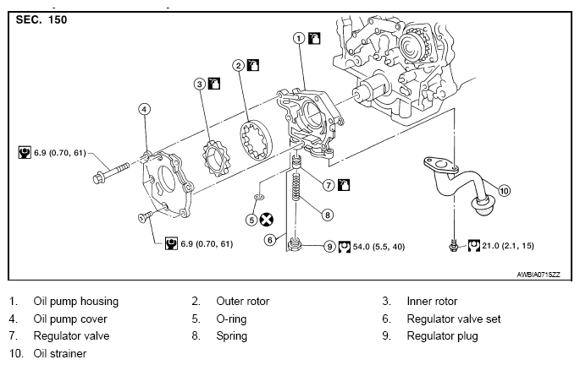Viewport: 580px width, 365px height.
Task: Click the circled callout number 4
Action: [x=144, y=109]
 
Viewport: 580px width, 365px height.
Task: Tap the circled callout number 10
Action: [x=504, y=191]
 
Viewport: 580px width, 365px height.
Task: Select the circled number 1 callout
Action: [x=299, y=38]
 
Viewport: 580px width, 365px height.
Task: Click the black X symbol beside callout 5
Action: [x=267, y=220]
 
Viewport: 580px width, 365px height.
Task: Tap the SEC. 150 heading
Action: [x=41, y=19]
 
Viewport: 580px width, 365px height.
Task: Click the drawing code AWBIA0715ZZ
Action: [x=539, y=275]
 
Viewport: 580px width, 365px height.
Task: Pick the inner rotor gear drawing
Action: [x=215, y=158]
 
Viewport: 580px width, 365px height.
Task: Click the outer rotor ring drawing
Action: [x=256, y=140]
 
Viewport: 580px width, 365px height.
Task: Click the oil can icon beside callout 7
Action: [x=344, y=185]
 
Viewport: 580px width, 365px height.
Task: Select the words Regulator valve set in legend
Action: [x=454, y=319]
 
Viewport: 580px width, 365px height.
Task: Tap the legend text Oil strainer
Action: [x=60, y=353]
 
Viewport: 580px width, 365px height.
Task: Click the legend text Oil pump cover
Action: [x=70, y=319]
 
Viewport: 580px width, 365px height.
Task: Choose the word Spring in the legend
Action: [x=231, y=336]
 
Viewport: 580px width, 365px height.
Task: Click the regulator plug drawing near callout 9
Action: [x=295, y=244]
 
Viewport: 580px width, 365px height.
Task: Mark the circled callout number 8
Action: [x=328, y=215]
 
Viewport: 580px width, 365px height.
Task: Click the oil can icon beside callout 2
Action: [x=253, y=65]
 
